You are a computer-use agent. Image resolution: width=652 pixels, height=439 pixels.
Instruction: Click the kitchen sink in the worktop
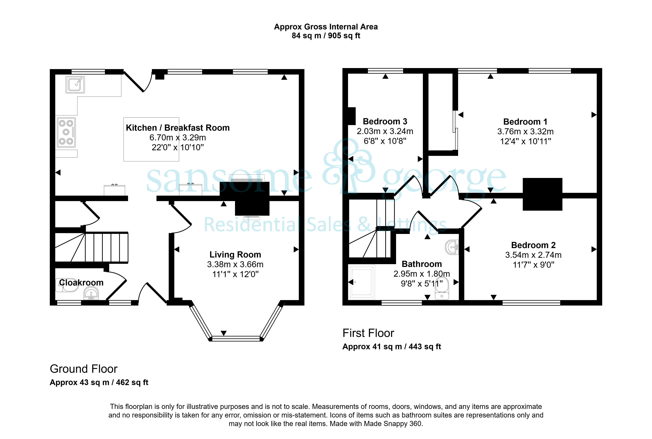pos(75,85)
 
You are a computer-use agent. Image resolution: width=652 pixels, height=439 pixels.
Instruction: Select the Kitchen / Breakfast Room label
pos(178,128)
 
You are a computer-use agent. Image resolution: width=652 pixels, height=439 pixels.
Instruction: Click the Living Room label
pos(235,255)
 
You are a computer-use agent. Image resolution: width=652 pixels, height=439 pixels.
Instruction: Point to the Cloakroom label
pos(81,283)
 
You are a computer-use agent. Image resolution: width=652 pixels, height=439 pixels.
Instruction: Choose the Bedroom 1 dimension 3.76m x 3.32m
pos(525,132)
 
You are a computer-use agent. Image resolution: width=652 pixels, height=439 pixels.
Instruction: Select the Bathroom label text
pos(422,264)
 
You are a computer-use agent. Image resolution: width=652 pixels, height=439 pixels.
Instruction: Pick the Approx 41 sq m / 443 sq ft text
pos(392,347)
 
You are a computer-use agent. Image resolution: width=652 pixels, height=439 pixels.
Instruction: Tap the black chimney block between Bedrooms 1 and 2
pos(542,194)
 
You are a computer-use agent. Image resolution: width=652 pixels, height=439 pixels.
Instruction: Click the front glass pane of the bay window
pos(236,339)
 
